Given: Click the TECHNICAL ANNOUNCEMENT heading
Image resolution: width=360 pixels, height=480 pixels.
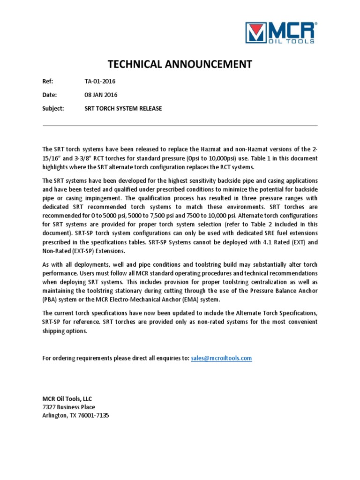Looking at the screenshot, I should pyautogui.click(x=180, y=64).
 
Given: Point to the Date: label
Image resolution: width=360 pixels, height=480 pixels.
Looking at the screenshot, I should pyautogui.click(x=49, y=95).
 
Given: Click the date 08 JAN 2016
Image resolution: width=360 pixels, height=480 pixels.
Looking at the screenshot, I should pyautogui.click(x=101, y=95).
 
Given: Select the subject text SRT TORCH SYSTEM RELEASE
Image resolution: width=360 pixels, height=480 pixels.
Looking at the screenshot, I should pyautogui.click(x=123, y=108).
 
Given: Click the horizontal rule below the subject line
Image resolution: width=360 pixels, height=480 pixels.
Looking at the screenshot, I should pyautogui.click(x=180, y=126).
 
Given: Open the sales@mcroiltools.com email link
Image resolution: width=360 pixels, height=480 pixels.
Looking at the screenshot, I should pyautogui.click(x=222, y=358).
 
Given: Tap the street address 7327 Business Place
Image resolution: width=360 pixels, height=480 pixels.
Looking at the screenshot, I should pyautogui.click(x=68, y=407).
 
